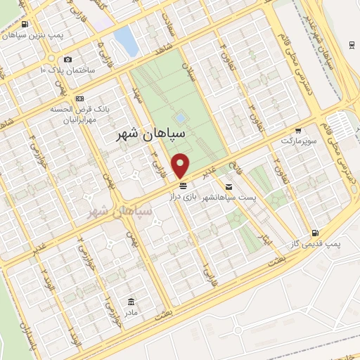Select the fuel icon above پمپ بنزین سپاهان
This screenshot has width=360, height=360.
click(x=25, y=25)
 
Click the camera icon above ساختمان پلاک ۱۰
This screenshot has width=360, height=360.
click(x=67, y=60)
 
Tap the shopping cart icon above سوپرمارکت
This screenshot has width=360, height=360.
click(x=298, y=131)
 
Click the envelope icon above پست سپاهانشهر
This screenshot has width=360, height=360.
click(x=229, y=186)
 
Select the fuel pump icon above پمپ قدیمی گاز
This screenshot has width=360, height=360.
click(x=314, y=233)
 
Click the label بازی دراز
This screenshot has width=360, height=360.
click(x=184, y=197)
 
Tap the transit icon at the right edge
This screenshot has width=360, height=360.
click(x=351, y=45)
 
